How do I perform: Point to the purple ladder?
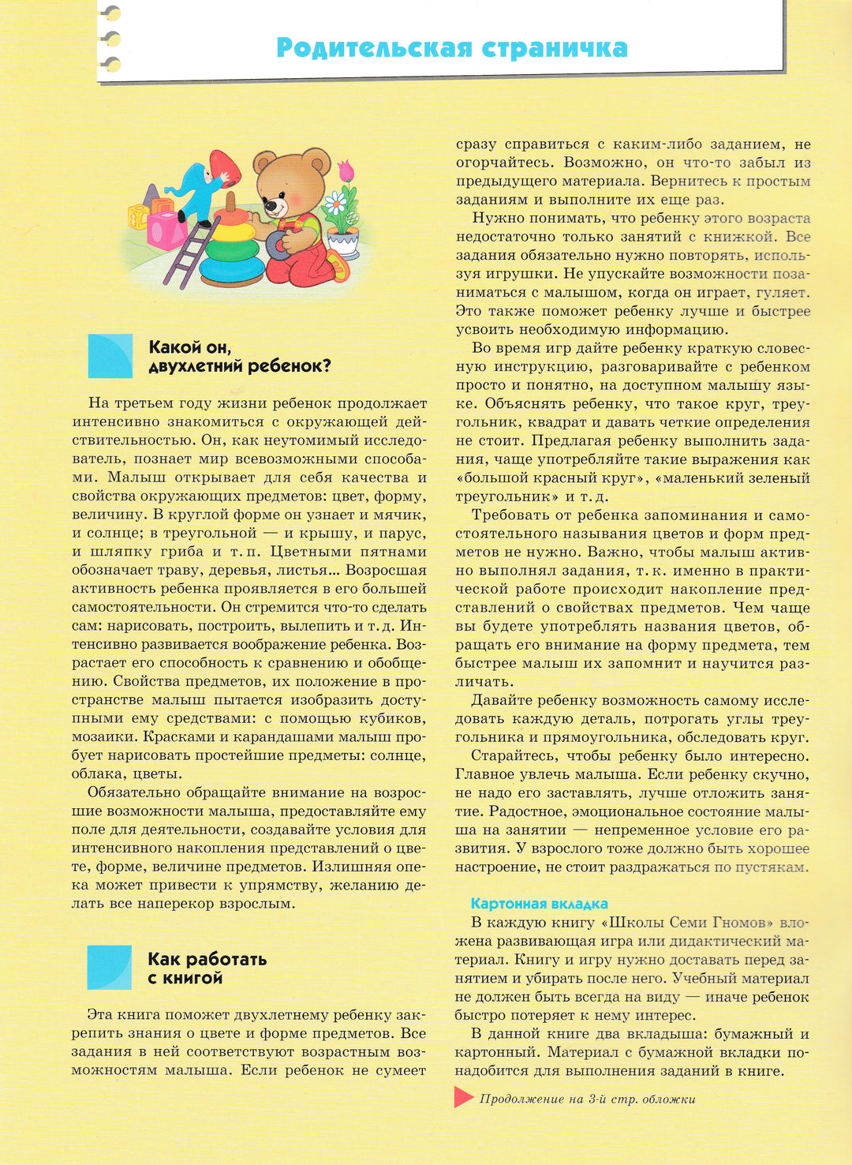[x=189, y=253]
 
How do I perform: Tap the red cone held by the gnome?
[x=225, y=168]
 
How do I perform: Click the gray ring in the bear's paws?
[x=278, y=245]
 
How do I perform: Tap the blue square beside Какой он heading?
[x=110, y=356]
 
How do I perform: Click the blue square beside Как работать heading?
[x=110, y=968]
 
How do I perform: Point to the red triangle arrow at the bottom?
[x=463, y=1097]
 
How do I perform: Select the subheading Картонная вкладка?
[x=539, y=904]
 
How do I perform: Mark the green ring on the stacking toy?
[x=230, y=250]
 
